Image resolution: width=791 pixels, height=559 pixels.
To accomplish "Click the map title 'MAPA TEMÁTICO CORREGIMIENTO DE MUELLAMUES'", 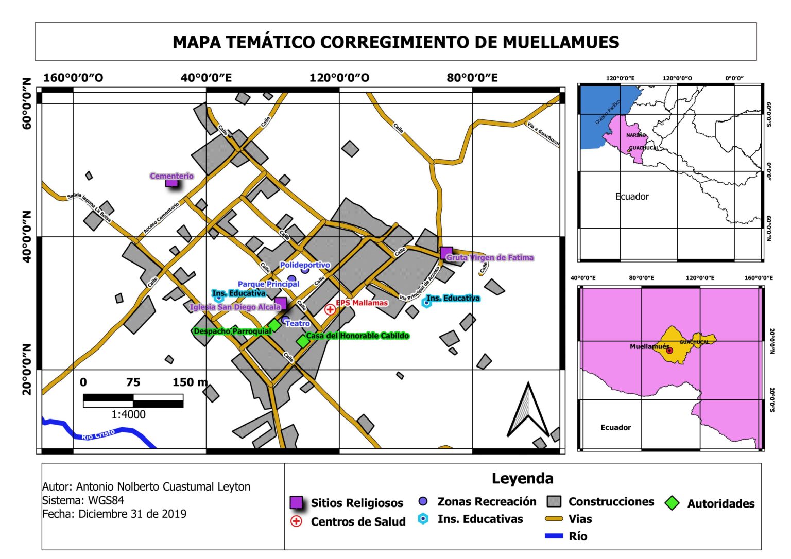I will pyautogui.click(x=395, y=42).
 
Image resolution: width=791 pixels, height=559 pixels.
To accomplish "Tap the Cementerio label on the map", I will pyautogui.click(x=171, y=176).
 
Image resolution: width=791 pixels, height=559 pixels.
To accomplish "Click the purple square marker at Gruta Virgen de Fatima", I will pyautogui.click(x=446, y=253).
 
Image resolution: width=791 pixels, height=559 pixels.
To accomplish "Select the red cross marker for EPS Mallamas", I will pyautogui.click(x=330, y=309).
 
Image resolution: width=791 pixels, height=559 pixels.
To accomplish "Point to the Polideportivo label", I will pyautogui.click(x=305, y=265).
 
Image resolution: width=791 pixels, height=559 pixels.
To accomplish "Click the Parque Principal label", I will pyautogui.click(x=268, y=284).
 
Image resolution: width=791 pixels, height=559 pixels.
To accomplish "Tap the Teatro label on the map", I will pyautogui.click(x=298, y=323).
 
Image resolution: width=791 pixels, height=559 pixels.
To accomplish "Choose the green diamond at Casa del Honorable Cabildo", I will pyautogui.click(x=302, y=341).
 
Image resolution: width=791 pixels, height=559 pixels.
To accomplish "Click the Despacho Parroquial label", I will pyautogui.click(x=232, y=331).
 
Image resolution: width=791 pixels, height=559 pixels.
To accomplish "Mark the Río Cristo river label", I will pyautogui.click(x=98, y=434).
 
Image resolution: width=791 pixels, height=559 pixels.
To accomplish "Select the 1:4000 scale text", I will pyautogui.click(x=128, y=414).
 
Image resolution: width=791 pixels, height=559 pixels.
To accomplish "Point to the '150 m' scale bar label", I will pyautogui.click(x=190, y=382).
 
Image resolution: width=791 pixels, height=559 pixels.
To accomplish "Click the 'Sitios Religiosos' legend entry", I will pyautogui.click(x=356, y=503).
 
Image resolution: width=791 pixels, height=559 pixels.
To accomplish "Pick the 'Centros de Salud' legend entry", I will pyautogui.click(x=358, y=521).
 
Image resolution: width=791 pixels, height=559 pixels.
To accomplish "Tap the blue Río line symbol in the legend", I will pyautogui.click(x=554, y=536).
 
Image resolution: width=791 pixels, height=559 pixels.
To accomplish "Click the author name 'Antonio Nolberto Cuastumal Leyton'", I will pyautogui.click(x=163, y=486).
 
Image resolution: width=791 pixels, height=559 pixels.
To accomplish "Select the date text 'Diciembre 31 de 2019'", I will pyautogui.click(x=132, y=514).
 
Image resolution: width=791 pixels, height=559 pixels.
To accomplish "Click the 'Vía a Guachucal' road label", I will pyautogui.click(x=543, y=133).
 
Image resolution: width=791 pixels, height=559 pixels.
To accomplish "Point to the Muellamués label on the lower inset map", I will pyautogui.click(x=649, y=346).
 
